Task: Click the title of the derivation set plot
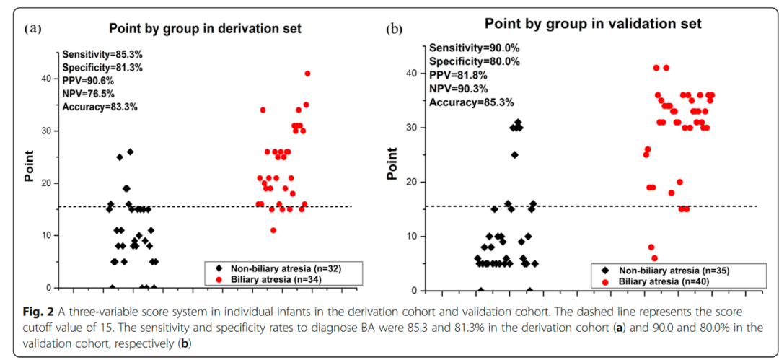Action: [x=205, y=30]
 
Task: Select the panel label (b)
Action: [x=394, y=29]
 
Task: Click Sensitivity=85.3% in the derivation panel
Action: [x=102, y=54]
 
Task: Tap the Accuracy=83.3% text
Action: [x=100, y=106]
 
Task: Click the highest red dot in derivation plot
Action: [x=307, y=74]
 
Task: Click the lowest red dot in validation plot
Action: [x=654, y=258]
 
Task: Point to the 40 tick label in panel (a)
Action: [x=46, y=78]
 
